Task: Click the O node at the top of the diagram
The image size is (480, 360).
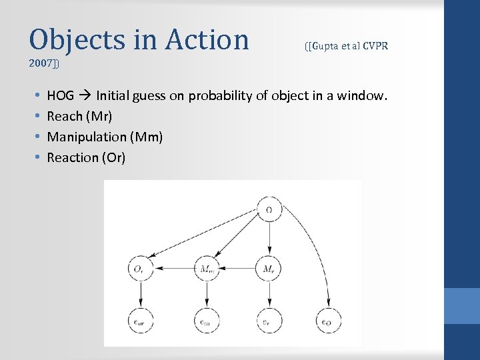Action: coord(269,210)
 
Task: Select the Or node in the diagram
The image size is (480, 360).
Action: coord(141,269)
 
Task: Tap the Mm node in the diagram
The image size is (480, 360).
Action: coord(206,269)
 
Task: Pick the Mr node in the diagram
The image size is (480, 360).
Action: coord(269,269)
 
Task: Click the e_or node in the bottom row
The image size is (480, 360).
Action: coord(141,321)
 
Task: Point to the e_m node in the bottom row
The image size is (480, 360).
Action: coord(206,321)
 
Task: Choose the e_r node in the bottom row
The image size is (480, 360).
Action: coord(269,321)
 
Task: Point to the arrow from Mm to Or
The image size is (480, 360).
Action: coord(173,269)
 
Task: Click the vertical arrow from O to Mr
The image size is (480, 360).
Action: coord(269,239)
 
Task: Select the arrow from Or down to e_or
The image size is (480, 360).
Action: coord(141,295)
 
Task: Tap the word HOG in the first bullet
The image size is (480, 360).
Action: coord(60,96)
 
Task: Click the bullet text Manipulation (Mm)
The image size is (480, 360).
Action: coord(105,137)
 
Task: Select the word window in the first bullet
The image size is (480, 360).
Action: coord(363,96)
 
